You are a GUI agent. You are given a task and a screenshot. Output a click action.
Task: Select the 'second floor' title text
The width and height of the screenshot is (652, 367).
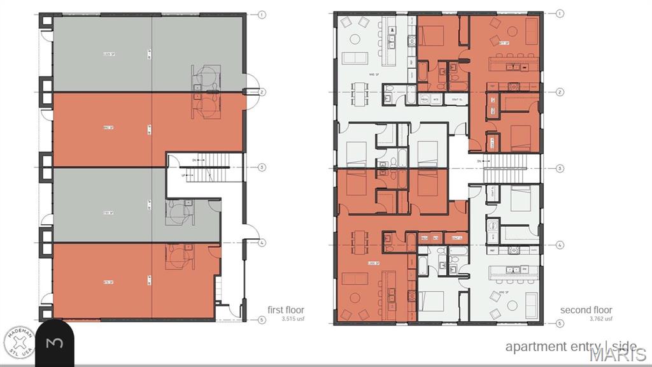point(586,310)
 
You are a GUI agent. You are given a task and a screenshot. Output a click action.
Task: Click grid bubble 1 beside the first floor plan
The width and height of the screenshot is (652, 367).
point(262,15)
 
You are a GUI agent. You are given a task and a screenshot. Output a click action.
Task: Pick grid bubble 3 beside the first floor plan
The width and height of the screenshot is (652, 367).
point(262,168)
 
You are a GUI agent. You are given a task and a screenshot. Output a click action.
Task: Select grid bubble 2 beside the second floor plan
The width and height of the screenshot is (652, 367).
point(560,92)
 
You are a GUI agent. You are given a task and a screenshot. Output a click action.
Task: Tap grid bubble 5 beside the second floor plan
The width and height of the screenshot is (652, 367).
point(560,323)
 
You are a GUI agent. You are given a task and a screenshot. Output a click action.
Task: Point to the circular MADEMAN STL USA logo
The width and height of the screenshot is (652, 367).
point(20,342)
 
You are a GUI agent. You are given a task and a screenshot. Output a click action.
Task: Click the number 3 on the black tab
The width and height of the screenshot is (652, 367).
point(55,343)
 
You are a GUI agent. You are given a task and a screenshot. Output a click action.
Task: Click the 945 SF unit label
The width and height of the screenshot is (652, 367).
point(374,74)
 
